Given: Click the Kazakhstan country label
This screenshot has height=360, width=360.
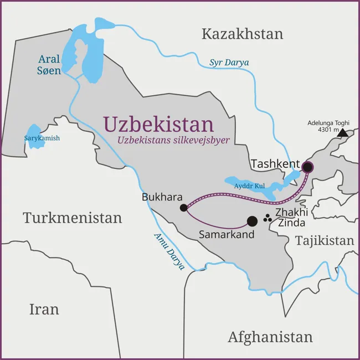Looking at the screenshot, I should point(242,34).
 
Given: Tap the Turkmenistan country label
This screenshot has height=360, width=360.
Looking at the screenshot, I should point(72,218).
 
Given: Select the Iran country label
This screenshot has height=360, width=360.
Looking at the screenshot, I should point(44,308).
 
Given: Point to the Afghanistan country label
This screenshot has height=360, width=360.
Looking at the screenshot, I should point(270,336).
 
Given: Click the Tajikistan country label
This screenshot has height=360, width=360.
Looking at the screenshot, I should point(324,240).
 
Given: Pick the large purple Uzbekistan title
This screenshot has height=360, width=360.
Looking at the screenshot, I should point(158,124).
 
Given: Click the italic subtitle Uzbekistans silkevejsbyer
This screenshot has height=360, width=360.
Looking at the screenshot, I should point(173,140).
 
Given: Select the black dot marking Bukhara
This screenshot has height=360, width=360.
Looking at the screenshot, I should point(183,208).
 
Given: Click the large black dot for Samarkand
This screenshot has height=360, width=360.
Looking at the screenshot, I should point(252,221).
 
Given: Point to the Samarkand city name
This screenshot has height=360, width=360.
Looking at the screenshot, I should point(227,234).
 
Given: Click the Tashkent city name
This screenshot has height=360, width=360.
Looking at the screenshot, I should point(275,164).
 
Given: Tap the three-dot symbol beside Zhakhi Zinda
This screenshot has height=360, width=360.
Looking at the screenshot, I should point(268,218).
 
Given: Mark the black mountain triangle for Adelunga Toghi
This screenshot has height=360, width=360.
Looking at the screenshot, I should point(343,133).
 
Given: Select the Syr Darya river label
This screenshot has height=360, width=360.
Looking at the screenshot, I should point(229,62).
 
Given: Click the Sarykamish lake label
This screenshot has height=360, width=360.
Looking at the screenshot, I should point(42,138).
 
